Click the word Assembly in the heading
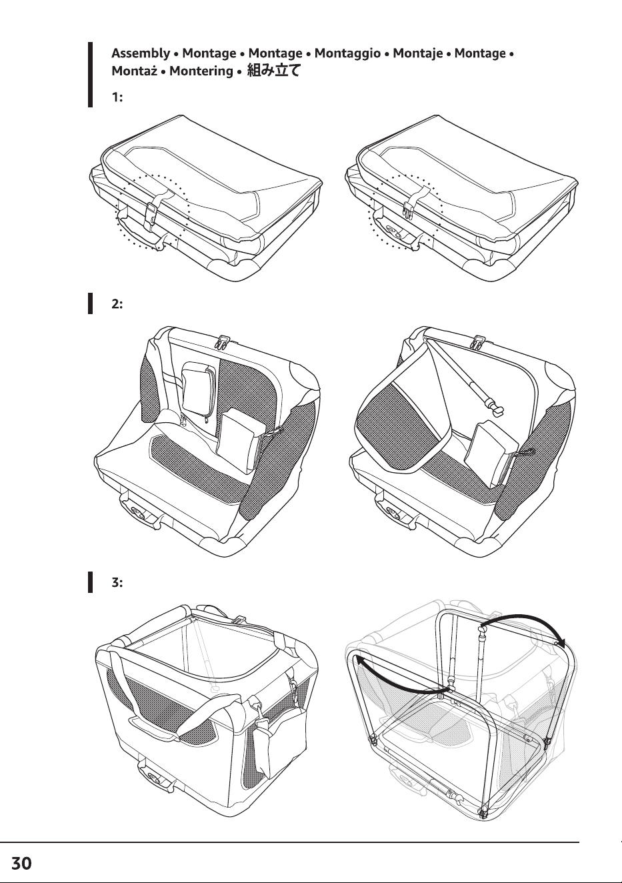[x=141, y=53]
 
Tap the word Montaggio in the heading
[x=347, y=53]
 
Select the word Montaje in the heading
[x=417, y=53]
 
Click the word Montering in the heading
[x=201, y=71]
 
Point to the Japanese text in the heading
[x=273, y=71]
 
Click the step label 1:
[x=117, y=97]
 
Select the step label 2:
[x=117, y=304]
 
